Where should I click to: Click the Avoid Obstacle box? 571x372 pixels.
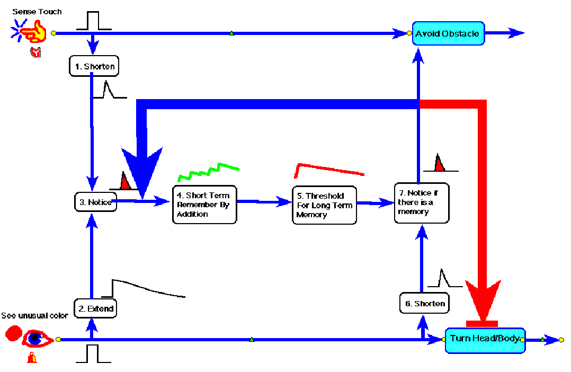448,33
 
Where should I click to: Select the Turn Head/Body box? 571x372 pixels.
485,340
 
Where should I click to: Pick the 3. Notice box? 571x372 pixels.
95,202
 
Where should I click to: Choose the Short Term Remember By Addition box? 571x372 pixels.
204,205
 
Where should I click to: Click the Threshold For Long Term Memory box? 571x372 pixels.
324,205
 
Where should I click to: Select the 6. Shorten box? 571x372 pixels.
424,304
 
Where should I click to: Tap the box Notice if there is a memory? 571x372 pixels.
422,203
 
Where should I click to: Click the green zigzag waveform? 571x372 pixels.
208,171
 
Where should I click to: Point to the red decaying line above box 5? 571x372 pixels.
328,169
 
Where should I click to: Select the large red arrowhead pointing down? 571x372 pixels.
482,299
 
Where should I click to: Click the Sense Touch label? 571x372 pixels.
37,12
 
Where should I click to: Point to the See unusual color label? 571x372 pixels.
34,316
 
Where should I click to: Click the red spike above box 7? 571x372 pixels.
439,163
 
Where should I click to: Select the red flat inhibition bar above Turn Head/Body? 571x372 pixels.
482,323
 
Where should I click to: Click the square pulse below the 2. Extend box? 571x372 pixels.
93,353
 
